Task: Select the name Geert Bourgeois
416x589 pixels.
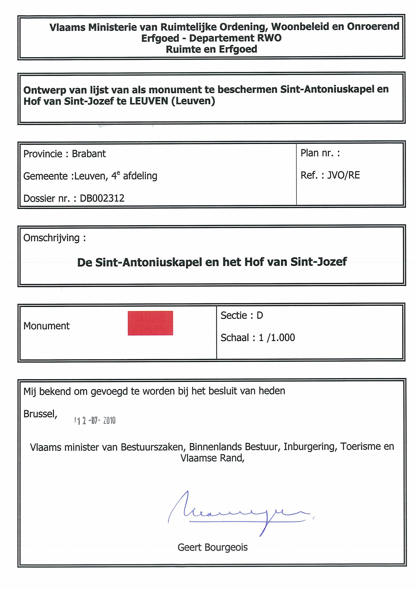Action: click(x=213, y=547)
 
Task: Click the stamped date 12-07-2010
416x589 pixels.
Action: click(x=95, y=420)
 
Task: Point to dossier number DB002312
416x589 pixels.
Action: click(x=102, y=198)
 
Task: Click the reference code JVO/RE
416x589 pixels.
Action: click(x=344, y=175)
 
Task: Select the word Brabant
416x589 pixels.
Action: click(x=89, y=154)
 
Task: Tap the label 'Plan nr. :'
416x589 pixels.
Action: click(x=320, y=153)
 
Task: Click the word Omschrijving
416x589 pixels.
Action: click(x=52, y=238)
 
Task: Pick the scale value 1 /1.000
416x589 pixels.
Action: click(x=277, y=338)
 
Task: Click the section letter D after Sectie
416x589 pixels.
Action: click(x=260, y=315)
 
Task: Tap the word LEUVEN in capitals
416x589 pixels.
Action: click(x=149, y=101)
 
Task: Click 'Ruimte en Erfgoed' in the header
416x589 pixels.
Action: click(x=212, y=49)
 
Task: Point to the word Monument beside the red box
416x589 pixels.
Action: click(x=46, y=326)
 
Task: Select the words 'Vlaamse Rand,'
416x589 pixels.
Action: click(x=213, y=458)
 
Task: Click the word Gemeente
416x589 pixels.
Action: click(x=46, y=176)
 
